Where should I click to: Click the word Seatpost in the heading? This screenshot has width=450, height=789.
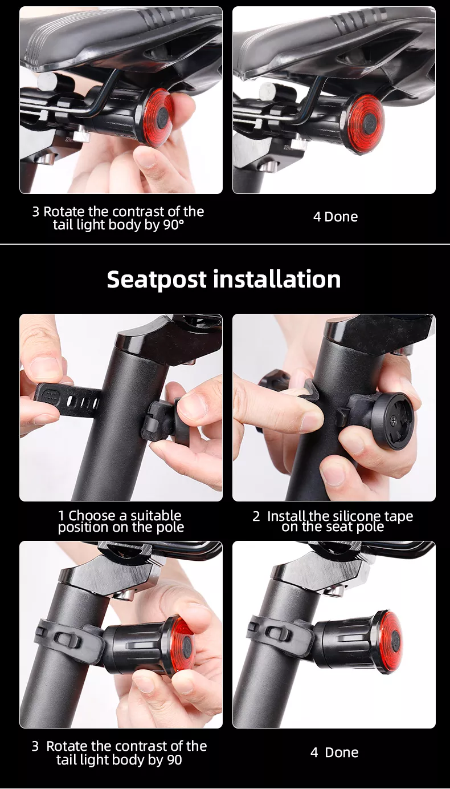[157, 280]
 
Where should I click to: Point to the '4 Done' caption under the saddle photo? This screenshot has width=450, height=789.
[336, 217]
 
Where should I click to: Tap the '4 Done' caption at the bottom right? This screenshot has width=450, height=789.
[334, 752]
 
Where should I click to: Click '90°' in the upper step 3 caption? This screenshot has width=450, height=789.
[173, 225]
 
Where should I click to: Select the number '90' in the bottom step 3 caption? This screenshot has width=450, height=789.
[174, 760]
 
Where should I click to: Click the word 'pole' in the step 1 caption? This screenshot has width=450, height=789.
[170, 527]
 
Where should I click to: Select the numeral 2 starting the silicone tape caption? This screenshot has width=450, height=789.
[256, 516]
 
